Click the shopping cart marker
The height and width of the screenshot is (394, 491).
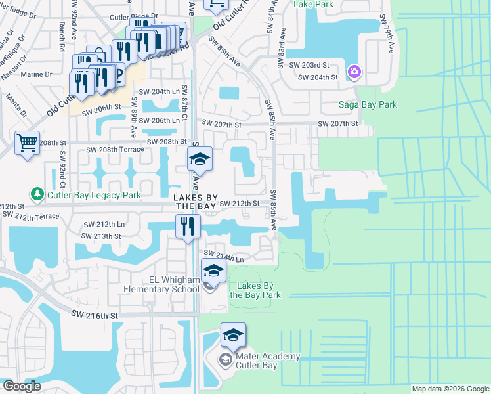tap(27, 143)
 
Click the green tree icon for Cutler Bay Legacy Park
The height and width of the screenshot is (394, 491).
tap(37, 194)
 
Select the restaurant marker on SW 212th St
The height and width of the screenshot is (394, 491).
tap(188, 226)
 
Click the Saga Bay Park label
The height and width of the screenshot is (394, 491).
tap(367, 104)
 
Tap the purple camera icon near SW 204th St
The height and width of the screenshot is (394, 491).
tap(354, 71)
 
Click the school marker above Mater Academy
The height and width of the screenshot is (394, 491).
tap(233, 335)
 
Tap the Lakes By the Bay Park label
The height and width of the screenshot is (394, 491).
tap(255, 290)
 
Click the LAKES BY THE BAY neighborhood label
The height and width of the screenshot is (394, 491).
tap(194, 202)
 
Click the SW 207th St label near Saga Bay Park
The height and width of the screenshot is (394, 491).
tap(338, 123)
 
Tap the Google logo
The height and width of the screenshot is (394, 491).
tap(22, 386)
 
